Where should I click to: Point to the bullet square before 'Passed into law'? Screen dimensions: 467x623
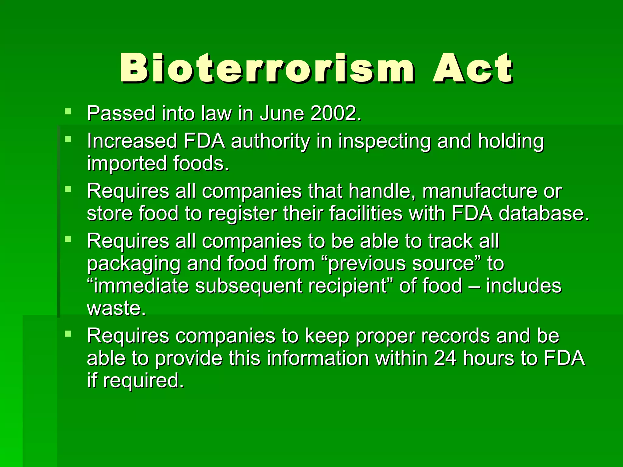(x=68, y=111)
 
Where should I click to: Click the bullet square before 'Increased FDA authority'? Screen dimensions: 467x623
(x=68, y=139)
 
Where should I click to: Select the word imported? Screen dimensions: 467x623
(x=127, y=164)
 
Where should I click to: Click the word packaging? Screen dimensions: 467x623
(x=134, y=264)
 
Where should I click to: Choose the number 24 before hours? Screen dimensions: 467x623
(x=445, y=358)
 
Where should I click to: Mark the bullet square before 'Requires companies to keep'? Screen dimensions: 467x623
(x=68, y=334)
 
